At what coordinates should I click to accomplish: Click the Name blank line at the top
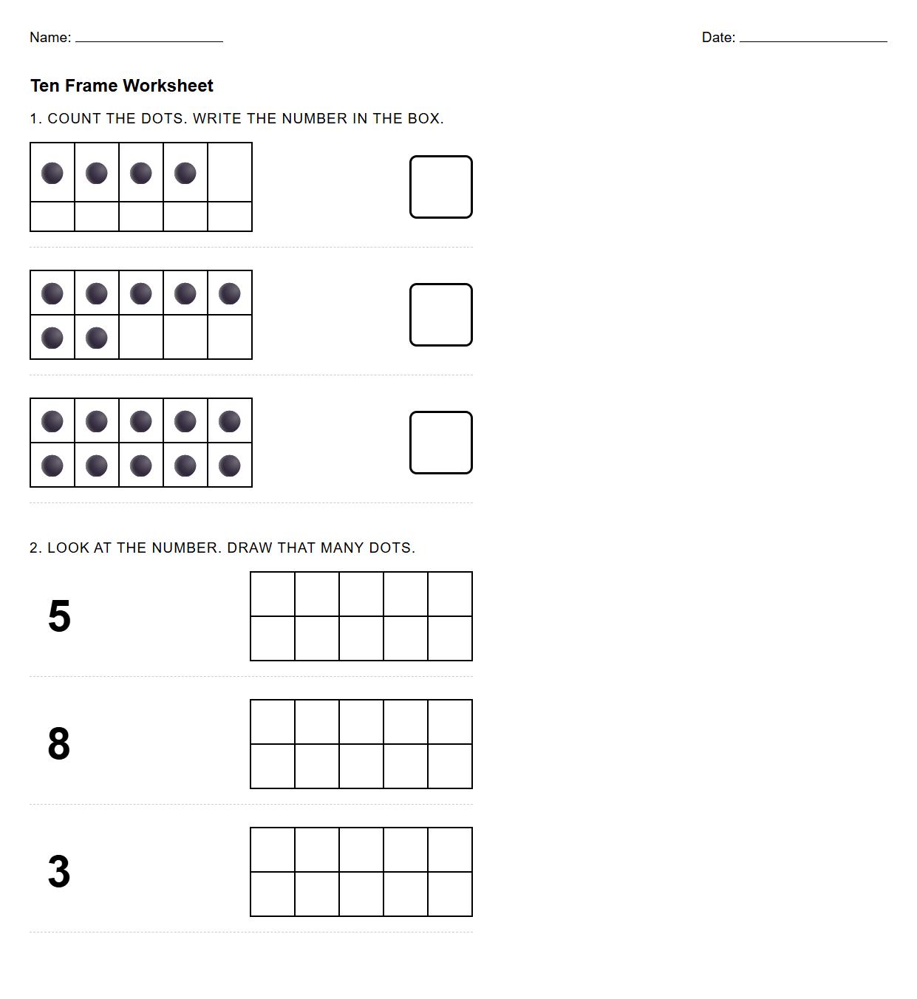point(149,38)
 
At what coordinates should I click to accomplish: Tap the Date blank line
point(813,38)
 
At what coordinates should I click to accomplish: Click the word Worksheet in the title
point(168,86)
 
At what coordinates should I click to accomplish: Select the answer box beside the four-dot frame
point(441,187)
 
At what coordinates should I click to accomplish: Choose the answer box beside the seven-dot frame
point(441,315)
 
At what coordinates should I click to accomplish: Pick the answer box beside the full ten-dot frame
point(441,443)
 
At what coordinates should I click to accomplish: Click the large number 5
point(59,616)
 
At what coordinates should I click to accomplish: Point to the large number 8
point(59,744)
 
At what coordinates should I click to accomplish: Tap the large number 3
point(59,872)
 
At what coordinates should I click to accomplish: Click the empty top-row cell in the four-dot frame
point(230,173)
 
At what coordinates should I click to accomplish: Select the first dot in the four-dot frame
point(52,173)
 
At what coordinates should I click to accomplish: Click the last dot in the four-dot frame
point(185,173)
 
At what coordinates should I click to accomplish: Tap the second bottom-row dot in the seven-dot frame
point(97,338)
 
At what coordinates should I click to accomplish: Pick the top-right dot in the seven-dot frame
point(230,293)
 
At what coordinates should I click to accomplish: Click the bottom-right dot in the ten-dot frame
point(230,466)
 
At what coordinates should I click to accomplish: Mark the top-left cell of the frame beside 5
point(273,594)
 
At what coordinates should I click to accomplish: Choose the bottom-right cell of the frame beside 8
point(450,766)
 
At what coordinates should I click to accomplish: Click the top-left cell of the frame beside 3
point(273,850)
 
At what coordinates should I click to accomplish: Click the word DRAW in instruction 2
point(250,548)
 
